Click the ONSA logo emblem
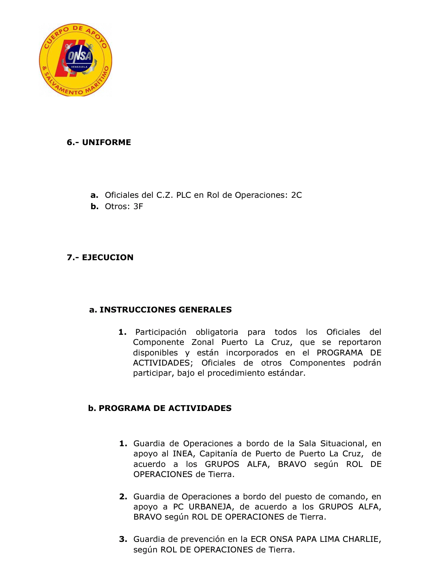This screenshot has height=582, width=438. click(x=75, y=60)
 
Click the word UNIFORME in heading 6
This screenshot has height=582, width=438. click(x=107, y=142)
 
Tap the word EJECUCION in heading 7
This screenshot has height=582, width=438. click(x=107, y=257)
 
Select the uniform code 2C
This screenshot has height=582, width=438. click(x=296, y=195)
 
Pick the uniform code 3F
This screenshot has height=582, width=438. click(x=138, y=206)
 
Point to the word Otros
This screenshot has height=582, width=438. click(x=117, y=206)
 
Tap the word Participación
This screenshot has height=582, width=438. click(x=161, y=332)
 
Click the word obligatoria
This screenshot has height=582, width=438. click(x=217, y=332)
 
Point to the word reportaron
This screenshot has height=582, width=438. click(x=360, y=342)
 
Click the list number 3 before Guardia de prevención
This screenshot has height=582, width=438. click(x=123, y=539)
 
